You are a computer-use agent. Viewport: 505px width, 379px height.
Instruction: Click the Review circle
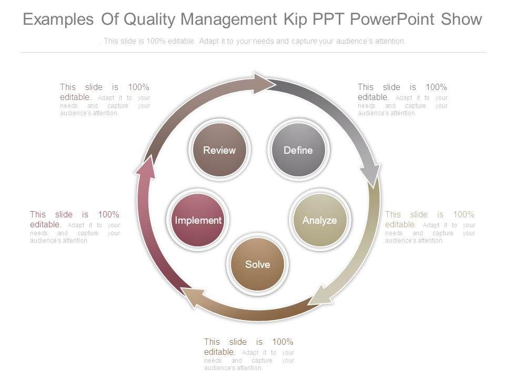219,150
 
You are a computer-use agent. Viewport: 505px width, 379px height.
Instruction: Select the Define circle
298,150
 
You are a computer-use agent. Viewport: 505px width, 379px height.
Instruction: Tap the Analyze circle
319,220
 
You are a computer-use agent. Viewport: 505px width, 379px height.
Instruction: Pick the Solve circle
257,264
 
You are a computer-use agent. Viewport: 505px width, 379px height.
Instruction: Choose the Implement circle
198,220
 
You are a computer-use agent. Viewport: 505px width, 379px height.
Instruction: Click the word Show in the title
461,19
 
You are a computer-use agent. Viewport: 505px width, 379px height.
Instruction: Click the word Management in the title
228,19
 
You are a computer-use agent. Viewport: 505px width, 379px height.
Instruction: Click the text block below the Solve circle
249,354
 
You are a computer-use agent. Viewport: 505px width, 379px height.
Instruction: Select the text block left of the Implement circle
75,227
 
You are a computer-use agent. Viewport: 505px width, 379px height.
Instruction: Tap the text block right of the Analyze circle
430,227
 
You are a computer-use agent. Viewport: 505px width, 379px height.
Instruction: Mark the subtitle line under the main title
252,41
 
